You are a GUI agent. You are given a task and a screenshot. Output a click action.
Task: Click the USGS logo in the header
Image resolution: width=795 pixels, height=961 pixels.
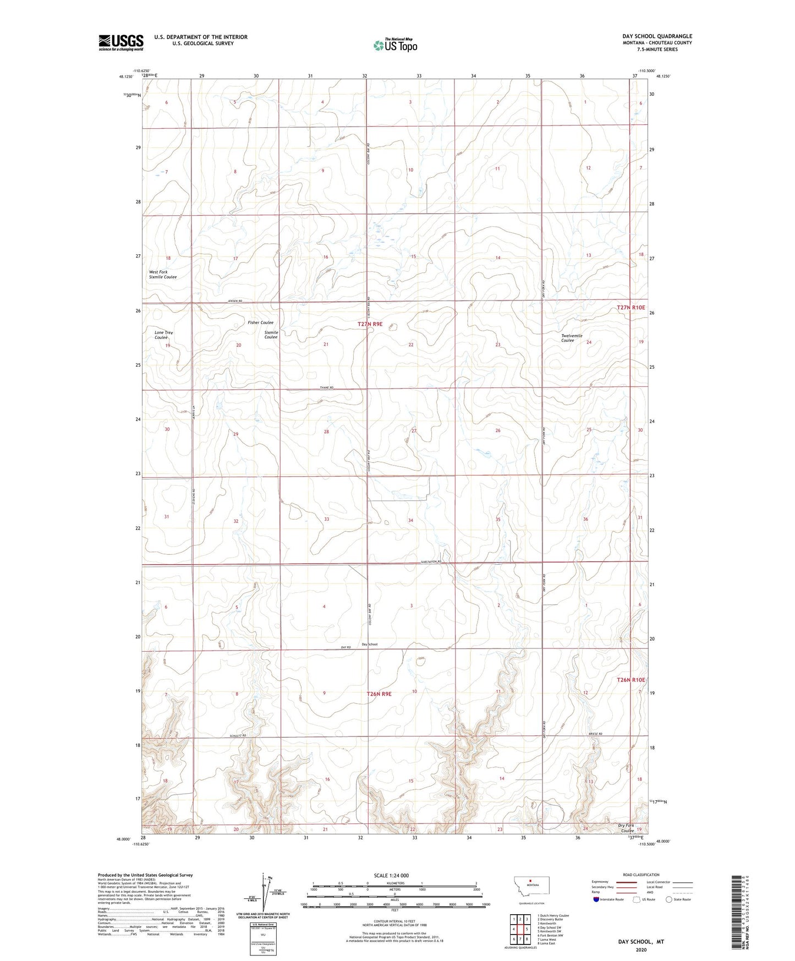pyautogui.click(x=121, y=42)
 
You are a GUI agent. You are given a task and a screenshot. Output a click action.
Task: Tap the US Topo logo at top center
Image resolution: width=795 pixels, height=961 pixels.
pyautogui.click(x=394, y=45)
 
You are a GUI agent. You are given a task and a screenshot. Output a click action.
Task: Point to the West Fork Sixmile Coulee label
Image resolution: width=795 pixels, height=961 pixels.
pyautogui.click(x=163, y=275)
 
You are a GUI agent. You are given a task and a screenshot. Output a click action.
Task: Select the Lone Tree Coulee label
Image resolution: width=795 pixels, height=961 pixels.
pyautogui.click(x=163, y=335)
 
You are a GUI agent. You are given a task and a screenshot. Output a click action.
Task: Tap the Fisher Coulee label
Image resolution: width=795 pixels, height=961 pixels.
pyautogui.click(x=260, y=323)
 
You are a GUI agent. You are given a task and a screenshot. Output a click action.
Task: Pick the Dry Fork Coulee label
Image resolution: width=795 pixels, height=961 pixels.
pyautogui.click(x=626, y=828)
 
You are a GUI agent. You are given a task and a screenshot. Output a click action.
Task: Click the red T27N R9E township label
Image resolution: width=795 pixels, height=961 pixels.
pyautogui.click(x=370, y=324)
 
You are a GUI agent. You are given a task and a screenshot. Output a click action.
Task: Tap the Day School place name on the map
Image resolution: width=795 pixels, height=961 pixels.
pyautogui.click(x=370, y=644)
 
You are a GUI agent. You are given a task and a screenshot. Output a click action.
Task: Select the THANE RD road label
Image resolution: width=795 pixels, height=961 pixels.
pyautogui.click(x=327, y=388)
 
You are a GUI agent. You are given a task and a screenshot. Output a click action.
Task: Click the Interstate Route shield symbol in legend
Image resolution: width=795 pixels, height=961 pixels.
pyautogui.click(x=596, y=899)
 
